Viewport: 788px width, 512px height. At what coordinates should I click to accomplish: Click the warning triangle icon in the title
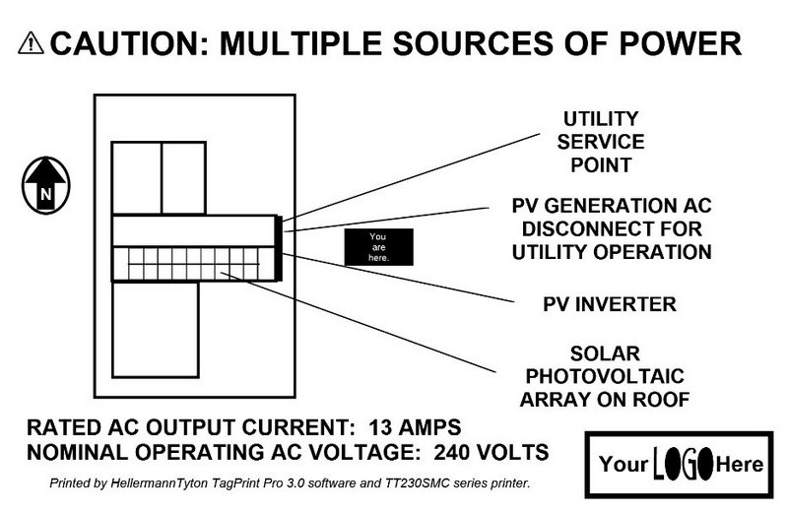click(31, 45)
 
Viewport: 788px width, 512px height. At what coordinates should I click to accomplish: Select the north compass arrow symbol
click(45, 187)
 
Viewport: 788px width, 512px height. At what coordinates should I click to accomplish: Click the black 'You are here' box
click(379, 247)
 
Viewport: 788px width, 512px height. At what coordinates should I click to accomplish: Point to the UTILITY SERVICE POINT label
click(600, 141)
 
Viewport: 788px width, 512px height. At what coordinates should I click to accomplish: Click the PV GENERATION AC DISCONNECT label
click(611, 228)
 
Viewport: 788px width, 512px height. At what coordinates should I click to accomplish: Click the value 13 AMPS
click(415, 429)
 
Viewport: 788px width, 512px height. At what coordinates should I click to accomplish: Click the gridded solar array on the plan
click(191, 263)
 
